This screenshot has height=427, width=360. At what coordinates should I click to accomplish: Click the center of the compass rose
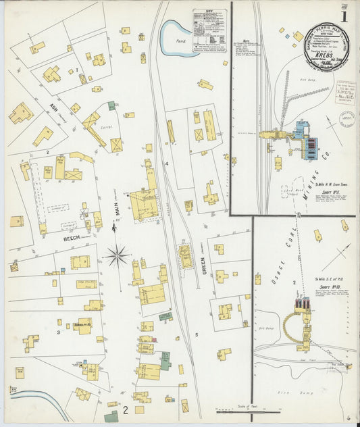(117, 255)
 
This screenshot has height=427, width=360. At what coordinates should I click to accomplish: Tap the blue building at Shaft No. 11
(301, 128)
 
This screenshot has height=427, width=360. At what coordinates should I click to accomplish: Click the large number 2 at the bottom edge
(126, 409)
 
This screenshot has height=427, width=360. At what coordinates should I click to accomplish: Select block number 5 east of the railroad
(197, 335)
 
